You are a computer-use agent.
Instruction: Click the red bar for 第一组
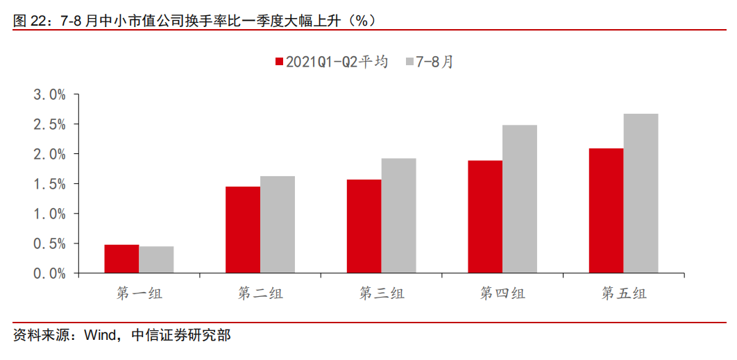(121, 259)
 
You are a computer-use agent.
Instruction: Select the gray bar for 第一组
(156, 260)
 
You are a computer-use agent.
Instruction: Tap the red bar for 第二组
(243, 230)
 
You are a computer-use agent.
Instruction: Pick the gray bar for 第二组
(278, 225)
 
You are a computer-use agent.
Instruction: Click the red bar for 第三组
(364, 227)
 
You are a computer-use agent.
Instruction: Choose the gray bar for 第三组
(398, 216)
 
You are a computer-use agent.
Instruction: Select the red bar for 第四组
(485, 217)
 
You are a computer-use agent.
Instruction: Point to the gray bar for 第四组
(520, 199)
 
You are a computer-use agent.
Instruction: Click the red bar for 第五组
(606, 211)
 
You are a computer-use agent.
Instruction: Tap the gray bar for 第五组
(641, 194)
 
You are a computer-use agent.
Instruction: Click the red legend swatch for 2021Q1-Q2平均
(279, 62)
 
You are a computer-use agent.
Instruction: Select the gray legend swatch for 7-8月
(409, 62)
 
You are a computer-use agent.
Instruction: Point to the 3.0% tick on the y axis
(49, 94)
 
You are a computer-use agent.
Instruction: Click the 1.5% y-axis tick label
(49, 184)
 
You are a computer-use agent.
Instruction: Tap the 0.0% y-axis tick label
(49, 273)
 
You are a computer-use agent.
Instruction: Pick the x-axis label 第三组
(381, 293)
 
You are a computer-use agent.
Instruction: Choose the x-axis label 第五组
(623, 293)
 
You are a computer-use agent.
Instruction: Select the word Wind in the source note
(102, 336)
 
